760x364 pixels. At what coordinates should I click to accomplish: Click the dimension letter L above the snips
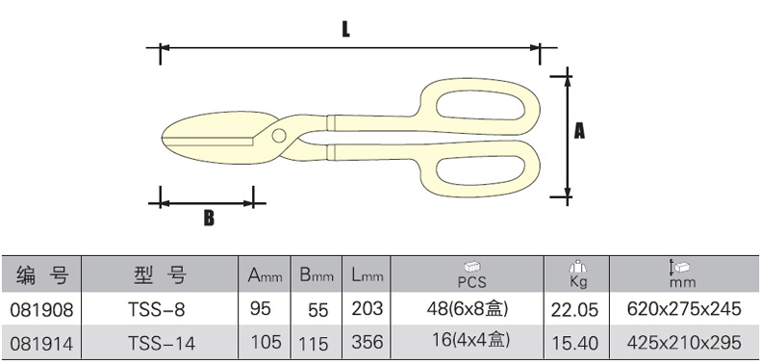(x=345, y=29)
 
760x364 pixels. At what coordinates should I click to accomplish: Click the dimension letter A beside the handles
(x=579, y=131)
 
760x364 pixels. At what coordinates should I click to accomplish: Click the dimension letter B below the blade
(x=209, y=219)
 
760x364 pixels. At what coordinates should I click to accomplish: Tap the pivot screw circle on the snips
(x=279, y=136)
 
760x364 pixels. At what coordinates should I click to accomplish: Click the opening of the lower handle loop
(x=480, y=169)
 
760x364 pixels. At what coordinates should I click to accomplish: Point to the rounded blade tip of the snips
(x=163, y=137)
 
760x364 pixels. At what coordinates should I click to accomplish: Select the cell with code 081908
(x=41, y=309)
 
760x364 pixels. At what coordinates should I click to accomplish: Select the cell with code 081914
(x=41, y=344)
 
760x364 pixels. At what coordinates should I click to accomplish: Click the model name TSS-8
(x=157, y=309)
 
